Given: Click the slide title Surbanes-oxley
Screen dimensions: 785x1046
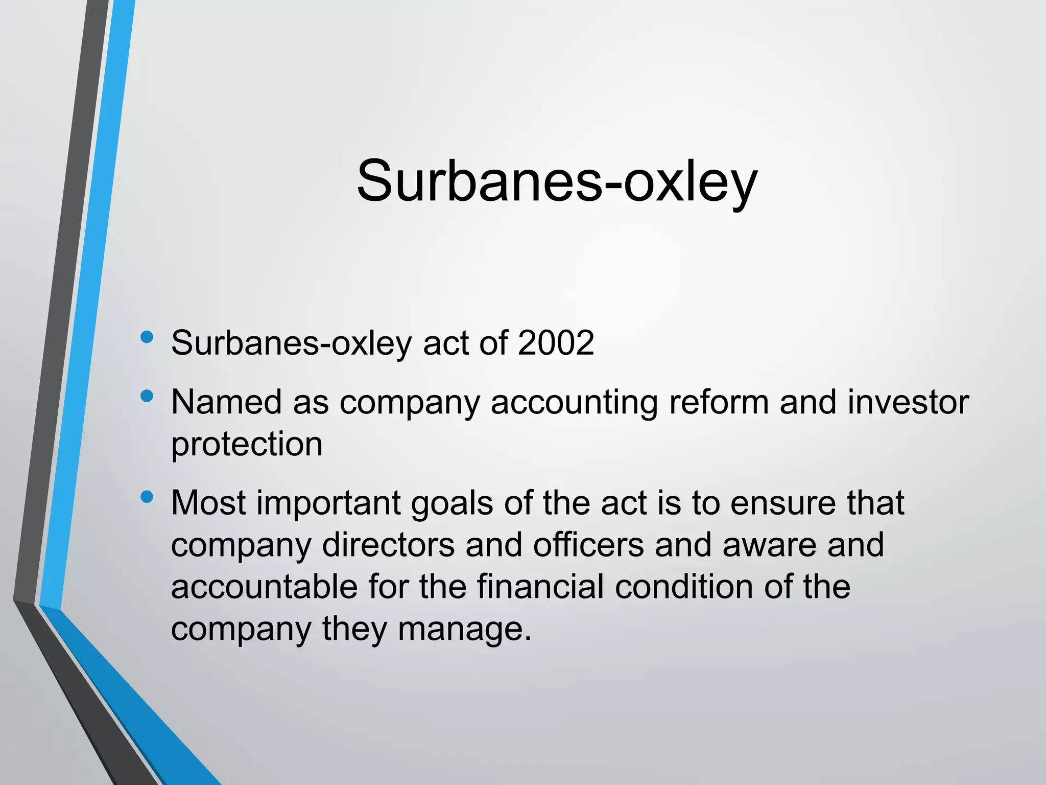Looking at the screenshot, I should coord(557,181).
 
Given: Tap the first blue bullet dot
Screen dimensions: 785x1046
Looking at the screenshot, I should coord(147,337).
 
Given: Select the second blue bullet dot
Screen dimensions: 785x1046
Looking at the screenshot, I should coord(147,396).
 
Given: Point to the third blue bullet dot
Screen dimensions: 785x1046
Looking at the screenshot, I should coord(147,497).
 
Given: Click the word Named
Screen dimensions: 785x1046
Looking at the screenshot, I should coord(226,402).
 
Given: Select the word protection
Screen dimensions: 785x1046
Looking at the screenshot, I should coord(247,445).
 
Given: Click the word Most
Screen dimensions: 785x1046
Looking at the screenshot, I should coord(208,503).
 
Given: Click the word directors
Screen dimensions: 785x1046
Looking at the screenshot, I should coord(388,545).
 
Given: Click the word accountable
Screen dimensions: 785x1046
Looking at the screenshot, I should coord(264,587).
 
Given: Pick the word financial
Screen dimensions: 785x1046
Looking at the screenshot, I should coord(540,587).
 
